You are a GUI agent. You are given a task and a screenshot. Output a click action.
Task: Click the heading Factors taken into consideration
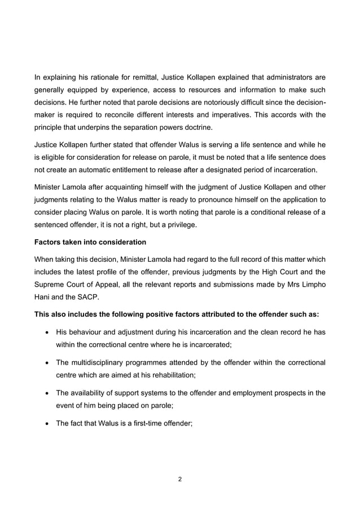[90, 242]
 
